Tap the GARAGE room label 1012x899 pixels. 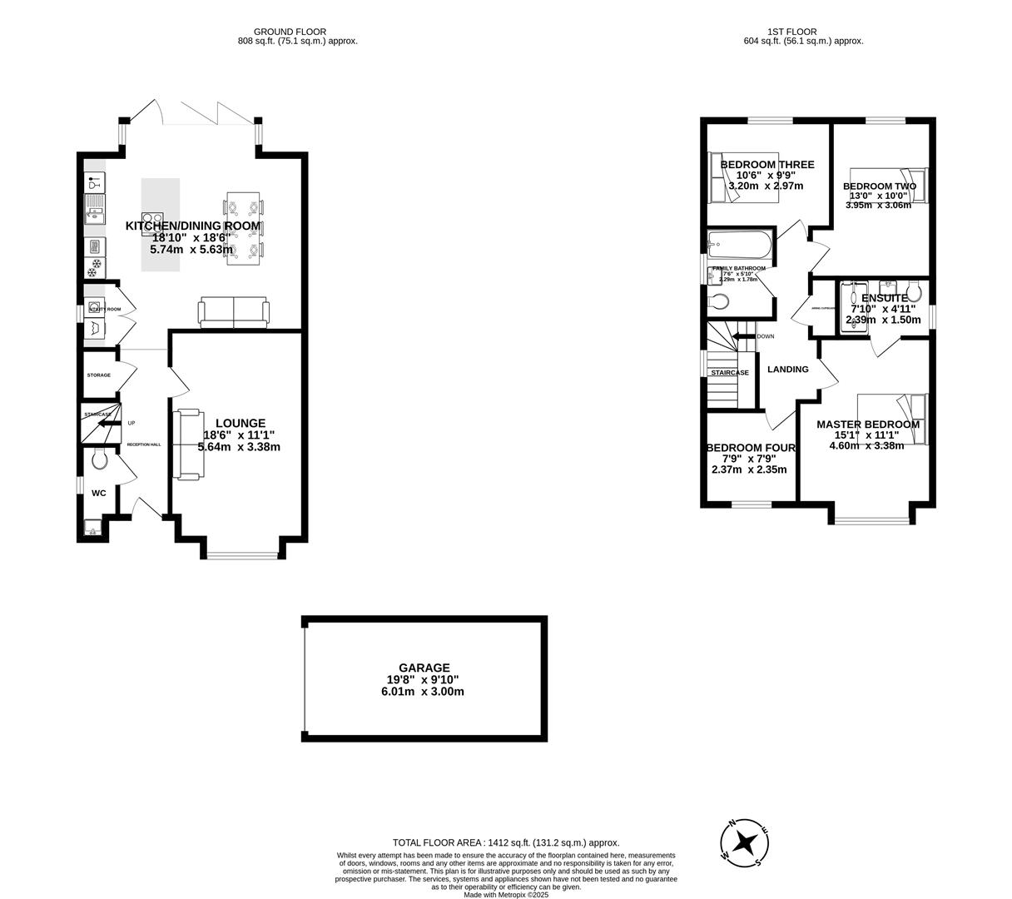click(x=424, y=668)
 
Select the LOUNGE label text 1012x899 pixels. click(x=240, y=423)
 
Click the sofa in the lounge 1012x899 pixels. click(x=186, y=445)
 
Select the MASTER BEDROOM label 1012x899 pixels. click(x=868, y=425)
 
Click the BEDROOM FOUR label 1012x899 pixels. click(x=751, y=448)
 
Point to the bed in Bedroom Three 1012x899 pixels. click(x=742, y=178)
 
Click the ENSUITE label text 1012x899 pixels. click(x=884, y=298)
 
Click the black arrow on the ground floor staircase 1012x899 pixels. click(x=107, y=423)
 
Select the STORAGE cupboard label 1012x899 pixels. click(x=98, y=375)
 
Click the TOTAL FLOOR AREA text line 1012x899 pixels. click(x=506, y=842)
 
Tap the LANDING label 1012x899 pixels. click(x=787, y=370)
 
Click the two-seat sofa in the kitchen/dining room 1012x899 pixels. click(x=234, y=313)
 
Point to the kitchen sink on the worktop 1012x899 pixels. click(x=94, y=209)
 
